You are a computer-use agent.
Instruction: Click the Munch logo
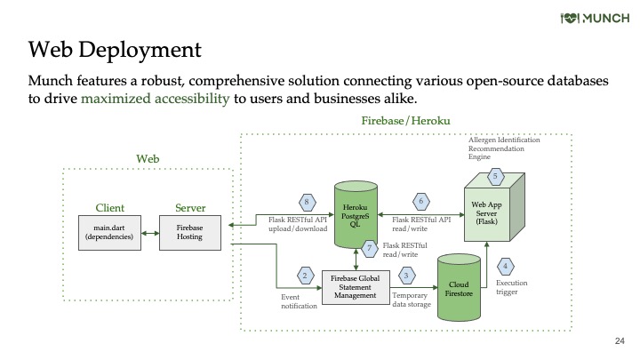[x=595, y=19]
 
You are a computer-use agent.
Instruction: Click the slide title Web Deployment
[x=115, y=50]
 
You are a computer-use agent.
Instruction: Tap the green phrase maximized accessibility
[x=155, y=99]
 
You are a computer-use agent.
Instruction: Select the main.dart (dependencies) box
[x=109, y=233]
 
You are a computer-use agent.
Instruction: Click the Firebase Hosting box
[x=190, y=233]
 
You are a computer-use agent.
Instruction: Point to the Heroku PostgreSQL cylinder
[x=356, y=215]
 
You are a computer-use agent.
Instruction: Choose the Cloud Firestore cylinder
[x=459, y=287]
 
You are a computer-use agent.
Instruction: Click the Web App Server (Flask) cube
[x=494, y=207]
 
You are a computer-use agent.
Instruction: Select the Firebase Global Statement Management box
[x=356, y=287]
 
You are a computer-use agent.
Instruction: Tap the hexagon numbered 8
[x=307, y=202]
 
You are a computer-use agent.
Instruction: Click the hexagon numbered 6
[x=420, y=201]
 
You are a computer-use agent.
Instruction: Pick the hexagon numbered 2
[x=305, y=276]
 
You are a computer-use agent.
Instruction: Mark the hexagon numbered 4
[x=505, y=267]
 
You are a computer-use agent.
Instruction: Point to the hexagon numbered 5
[x=495, y=176]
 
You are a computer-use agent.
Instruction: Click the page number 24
[x=620, y=340]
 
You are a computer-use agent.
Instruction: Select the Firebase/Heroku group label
[x=405, y=121]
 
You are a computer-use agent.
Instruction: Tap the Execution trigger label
[x=511, y=287]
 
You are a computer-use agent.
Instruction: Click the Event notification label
[x=299, y=301]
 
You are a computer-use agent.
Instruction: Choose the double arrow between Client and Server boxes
[x=150, y=234]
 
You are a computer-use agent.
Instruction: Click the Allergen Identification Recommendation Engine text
[x=504, y=148]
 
